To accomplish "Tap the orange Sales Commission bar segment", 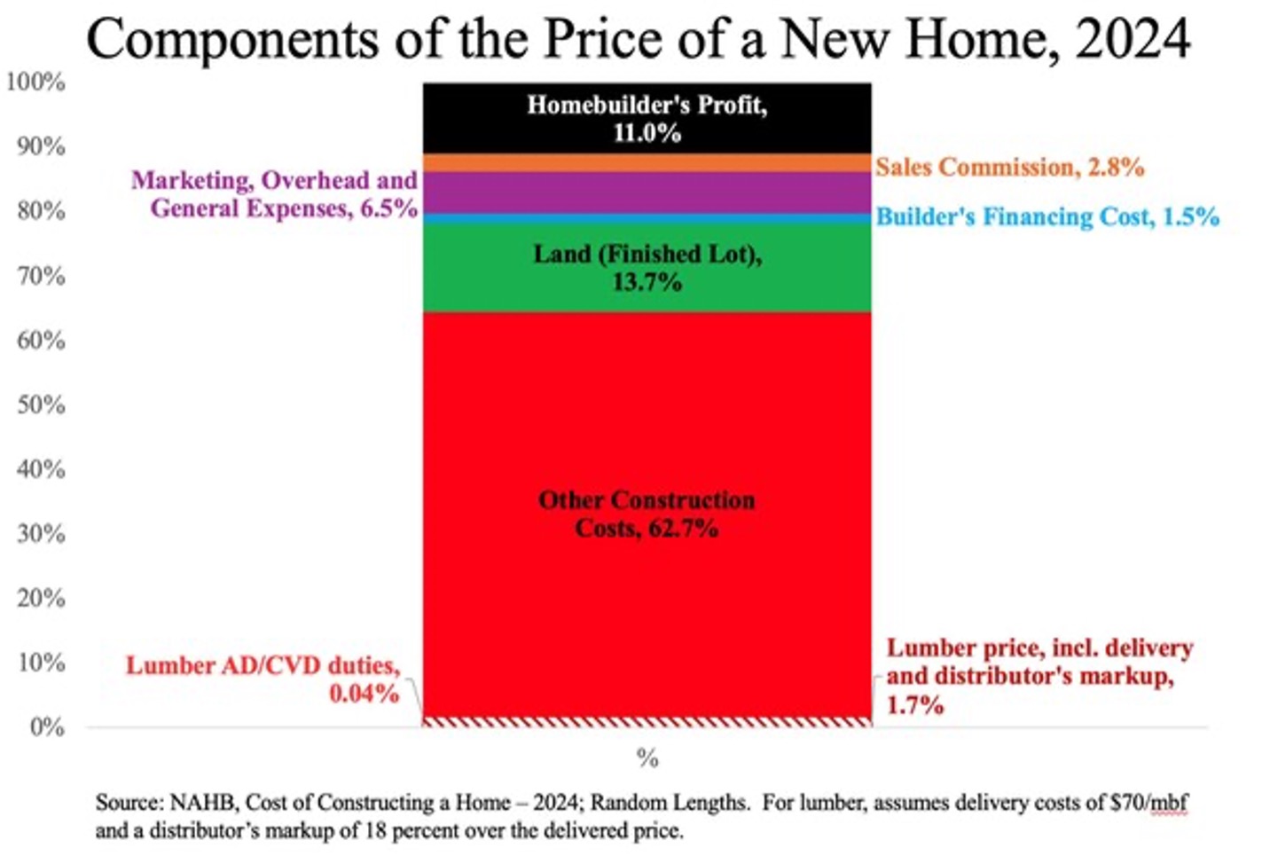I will pyautogui.click(x=647, y=163).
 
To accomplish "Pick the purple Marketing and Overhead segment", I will pyautogui.click(x=647, y=192).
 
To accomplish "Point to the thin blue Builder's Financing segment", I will pyautogui.click(x=647, y=218).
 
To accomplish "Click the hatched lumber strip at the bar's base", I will pyautogui.click(x=647, y=721).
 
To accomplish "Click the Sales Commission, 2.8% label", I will pyautogui.click(x=1009, y=167).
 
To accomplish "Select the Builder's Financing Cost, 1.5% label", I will pyautogui.click(x=1047, y=216).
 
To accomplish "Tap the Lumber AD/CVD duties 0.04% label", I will pyautogui.click(x=263, y=679).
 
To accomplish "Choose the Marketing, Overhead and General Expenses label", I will pyautogui.click(x=275, y=194).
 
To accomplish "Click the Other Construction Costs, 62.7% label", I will pyautogui.click(x=647, y=514).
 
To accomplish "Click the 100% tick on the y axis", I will pyautogui.click(x=35, y=82).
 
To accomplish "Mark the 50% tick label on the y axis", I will pyautogui.click(x=41, y=404).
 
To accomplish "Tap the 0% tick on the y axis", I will pyautogui.click(x=46, y=727).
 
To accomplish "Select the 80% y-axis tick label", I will pyautogui.click(x=41, y=211).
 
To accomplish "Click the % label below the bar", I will pyautogui.click(x=647, y=758).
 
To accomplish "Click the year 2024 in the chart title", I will pyautogui.click(x=1132, y=39).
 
